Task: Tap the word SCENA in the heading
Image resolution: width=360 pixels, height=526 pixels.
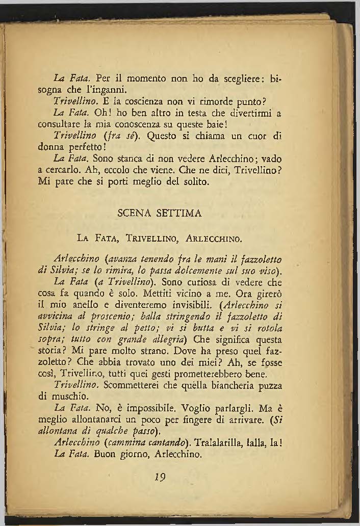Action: (134, 214)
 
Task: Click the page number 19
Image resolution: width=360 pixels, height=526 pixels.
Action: (161, 478)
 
